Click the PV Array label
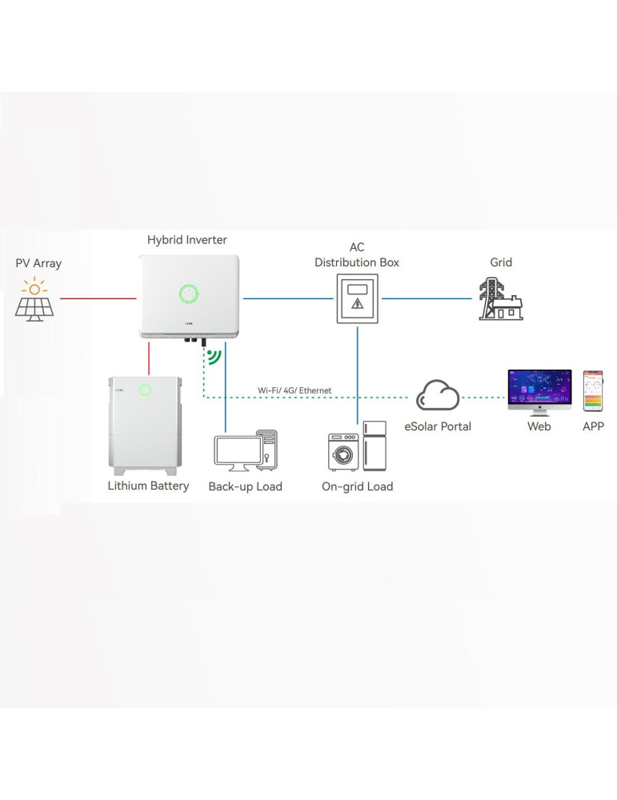38,263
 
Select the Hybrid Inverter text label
186,240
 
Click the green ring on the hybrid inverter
188,294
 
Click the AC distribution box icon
357,299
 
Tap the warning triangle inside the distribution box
358,305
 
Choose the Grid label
501,262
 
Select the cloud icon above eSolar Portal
438,395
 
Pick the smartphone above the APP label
592,390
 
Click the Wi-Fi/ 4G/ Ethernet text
294,390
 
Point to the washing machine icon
343,452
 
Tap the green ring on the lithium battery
145,390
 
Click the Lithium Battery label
148,486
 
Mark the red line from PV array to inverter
97,299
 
